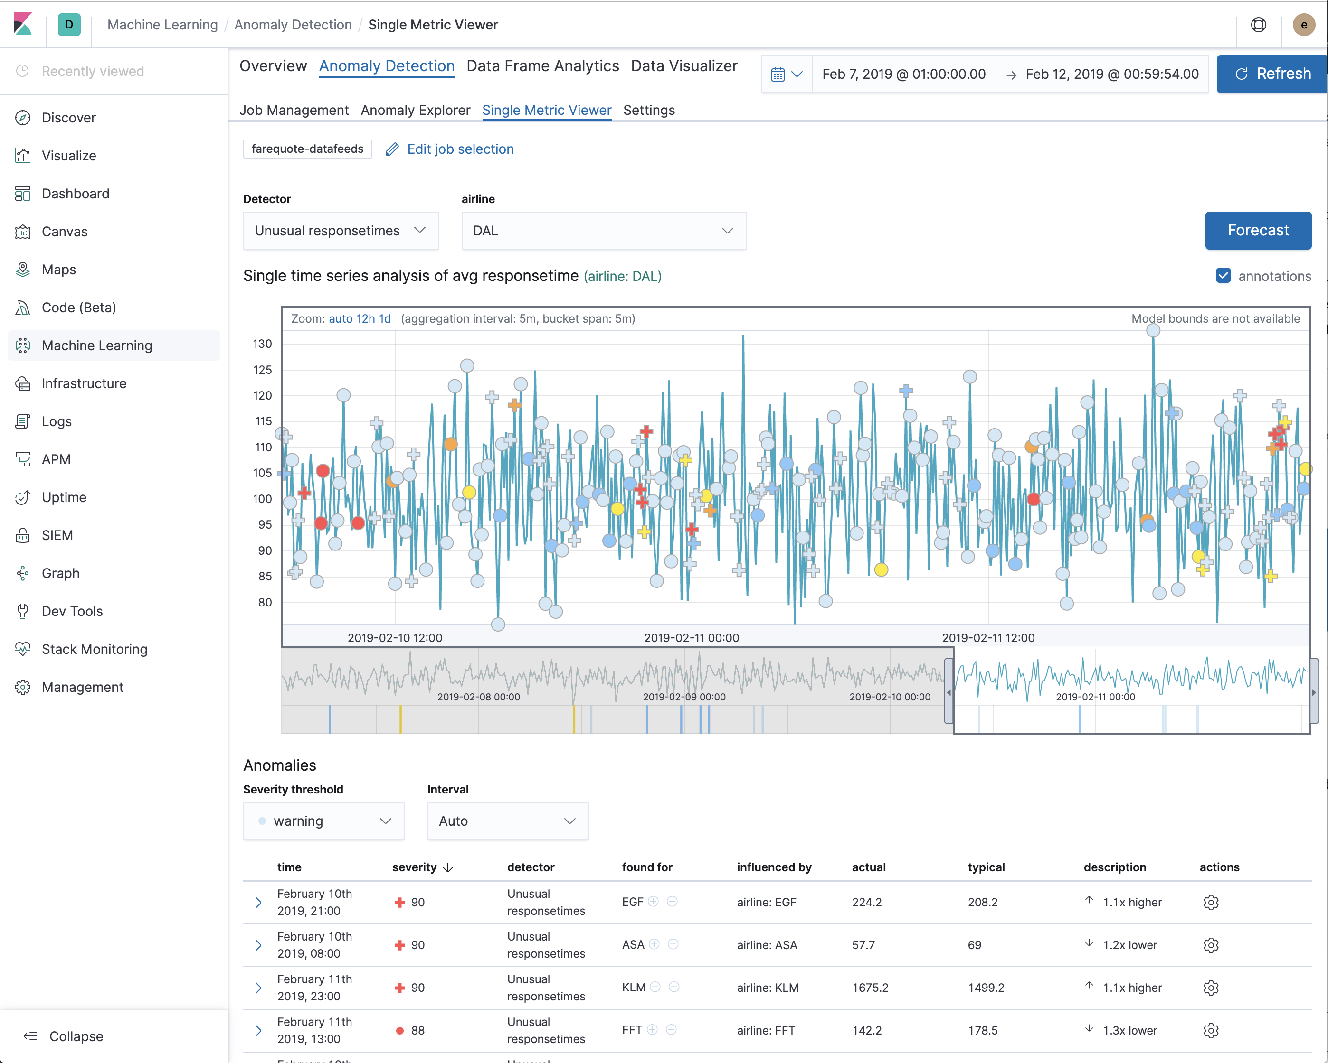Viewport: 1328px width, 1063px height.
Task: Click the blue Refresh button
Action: [1272, 74]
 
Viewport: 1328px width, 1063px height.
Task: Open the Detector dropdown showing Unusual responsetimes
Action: [340, 231]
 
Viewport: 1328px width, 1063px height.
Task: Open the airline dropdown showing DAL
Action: [603, 231]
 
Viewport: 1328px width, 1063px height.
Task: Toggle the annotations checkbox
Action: [1223, 276]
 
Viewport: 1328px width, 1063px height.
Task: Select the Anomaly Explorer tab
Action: [415, 110]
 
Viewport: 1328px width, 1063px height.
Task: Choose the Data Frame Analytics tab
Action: [542, 66]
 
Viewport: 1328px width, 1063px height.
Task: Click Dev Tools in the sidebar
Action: [72, 611]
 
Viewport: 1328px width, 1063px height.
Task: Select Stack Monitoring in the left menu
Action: [94, 649]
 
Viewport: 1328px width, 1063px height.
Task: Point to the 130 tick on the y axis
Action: [262, 344]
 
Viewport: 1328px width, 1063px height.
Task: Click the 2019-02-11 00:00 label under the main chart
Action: [691, 638]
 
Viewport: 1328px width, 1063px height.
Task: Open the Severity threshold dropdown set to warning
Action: [323, 821]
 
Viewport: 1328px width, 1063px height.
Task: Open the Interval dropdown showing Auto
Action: [508, 821]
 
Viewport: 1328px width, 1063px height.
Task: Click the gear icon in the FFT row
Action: [1210, 1030]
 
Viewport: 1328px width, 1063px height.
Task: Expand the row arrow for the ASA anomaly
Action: [258, 945]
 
